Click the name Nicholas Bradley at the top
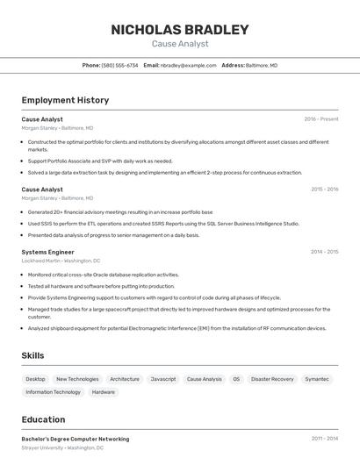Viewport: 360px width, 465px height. pyautogui.click(x=180, y=29)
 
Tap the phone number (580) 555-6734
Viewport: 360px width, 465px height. pyautogui.click(x=119, y=65)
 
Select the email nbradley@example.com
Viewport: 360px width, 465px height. pyautogui.click(x=188, y=65)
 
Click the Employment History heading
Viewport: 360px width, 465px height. pyautogui.click(x=65, y=100)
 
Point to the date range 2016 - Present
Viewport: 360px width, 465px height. pyautogui.click(x=320, y=118)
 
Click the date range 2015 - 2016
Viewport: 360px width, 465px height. pyautogui.click(x=324, y=189)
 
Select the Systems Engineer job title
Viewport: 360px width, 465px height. pyautogui.click(x=47, y=252)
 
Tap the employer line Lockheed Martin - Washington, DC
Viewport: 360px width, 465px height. pyautogui.click(x=61, y=261)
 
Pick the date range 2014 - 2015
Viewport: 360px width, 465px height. pyautogui.click(x=324, y=252)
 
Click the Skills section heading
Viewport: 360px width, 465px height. pyautogui.click(x=33, y=354)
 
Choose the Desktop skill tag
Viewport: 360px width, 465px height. pyautogui.click(x=36, y=379)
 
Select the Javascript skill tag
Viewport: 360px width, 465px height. pyautogui.click(x=163, y=379)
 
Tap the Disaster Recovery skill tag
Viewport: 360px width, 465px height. pyautogui.click(x=272, y=379)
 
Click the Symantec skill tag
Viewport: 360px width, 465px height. pyautogui.click(x=317, y=379)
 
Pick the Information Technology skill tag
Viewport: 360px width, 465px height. pyautogui.click(x=54, y=392)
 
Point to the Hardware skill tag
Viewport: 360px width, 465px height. pyautogui.click(x=104, y=392)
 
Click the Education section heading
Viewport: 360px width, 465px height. pyautogui.click(x=43, y=419)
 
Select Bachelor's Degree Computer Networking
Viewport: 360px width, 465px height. pyautogui.click(x=75, y=439)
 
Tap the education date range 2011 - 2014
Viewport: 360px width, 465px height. pyautogui.click(x=324, y=439)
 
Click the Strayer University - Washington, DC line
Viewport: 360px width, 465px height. pyautogui.click(x=62, y=447)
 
